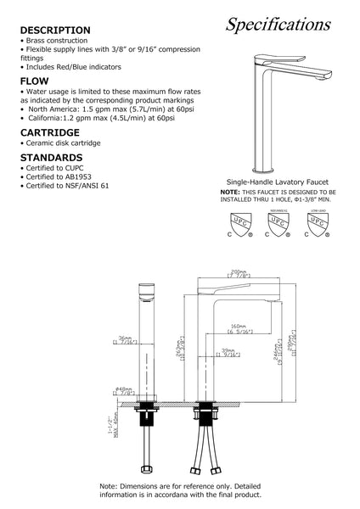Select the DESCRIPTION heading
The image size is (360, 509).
pyautogui.click(x=56, y=30)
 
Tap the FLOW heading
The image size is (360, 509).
pyautogui.click(x=36, y=82)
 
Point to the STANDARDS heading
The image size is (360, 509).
pyautogui.click(x=52, y=157)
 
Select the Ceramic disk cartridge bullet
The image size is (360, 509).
pyautogui.click(x=59, y=144)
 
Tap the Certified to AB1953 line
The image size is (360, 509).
pyautogui.click(x=58, y=176)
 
